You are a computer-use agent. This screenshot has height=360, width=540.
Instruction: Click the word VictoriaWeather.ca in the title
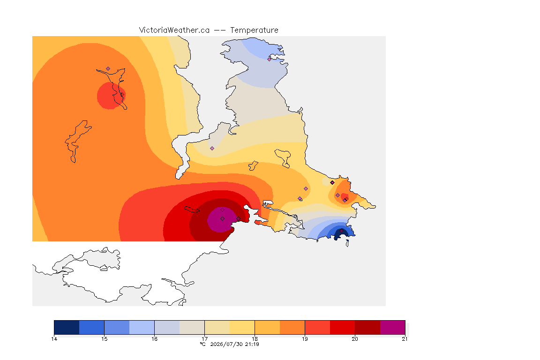(x=174, y=30)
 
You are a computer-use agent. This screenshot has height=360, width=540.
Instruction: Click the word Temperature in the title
(x=254, y=30)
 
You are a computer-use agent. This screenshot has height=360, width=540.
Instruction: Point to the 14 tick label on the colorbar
(x=54, y=339)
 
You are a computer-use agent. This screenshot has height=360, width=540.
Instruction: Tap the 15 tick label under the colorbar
(x=105, y=339)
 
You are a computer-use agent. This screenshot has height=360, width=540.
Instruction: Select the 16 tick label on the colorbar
(x=154, y=339)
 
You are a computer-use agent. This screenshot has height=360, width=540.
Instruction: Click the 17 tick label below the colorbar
(x=204, y=339)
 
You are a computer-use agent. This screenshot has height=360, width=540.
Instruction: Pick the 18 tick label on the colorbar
(x=255, y=339)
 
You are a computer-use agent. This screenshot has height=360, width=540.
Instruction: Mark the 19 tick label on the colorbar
(x=305, y=339)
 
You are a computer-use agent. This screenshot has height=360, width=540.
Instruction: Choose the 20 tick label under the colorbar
(x=355, y=339)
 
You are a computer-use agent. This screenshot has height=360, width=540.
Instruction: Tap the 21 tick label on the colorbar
(x=405, y=339)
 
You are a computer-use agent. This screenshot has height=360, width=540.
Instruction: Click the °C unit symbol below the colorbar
(x=203, y=344)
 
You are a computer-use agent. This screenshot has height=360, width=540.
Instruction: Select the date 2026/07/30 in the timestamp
(x=226, y=344)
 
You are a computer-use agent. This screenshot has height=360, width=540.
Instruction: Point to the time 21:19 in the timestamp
(x=252, y=344)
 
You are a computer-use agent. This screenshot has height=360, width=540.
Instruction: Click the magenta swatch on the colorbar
(x=393, y=327)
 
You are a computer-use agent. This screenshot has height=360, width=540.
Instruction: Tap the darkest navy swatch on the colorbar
(x=67, y=327)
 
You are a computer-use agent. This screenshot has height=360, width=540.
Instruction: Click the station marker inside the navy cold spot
(x=341, y=231)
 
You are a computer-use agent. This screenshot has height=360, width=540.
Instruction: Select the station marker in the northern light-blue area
(x=270, y=59)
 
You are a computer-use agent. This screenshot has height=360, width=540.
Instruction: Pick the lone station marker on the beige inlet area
(x=212, y=149)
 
